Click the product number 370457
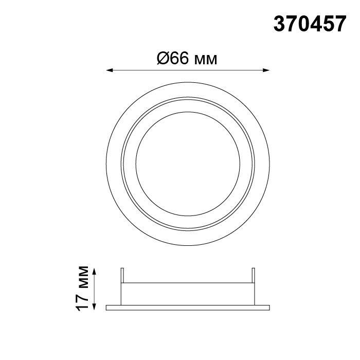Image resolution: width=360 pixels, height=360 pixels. pyautogui.click(x=310, y=24)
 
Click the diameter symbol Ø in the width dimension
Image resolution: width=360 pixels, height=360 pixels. pyautogui.click(x=164, y=58)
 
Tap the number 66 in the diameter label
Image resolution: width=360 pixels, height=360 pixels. pyautogui.click(x=180, y=58)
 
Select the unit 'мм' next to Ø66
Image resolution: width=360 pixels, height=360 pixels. pyautogui.click(x=206, y=60)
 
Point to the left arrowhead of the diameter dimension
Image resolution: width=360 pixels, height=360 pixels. pyautogui.click(x=109, y=70)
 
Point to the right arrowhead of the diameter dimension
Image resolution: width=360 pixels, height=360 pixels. pyautogui.click(x=266, y=70)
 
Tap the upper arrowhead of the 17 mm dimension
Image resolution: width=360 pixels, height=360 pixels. pyautogui.click(x=94, y=272)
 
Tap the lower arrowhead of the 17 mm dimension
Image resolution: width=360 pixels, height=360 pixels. pyautogui.click(x=94, y=307)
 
